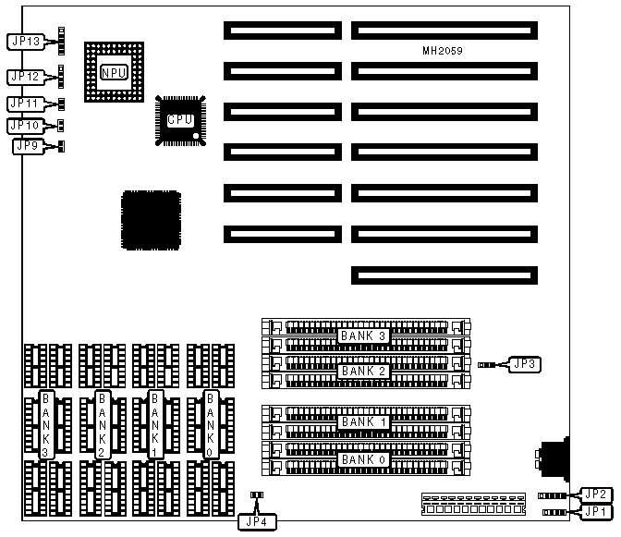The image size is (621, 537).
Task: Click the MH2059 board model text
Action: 440,52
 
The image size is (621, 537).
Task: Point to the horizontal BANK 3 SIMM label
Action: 363,335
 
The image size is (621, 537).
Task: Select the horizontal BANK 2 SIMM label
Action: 363,371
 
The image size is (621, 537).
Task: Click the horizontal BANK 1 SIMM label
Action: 363,422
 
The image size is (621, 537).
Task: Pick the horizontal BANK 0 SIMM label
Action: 363,458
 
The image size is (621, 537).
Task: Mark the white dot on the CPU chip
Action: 196,137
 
